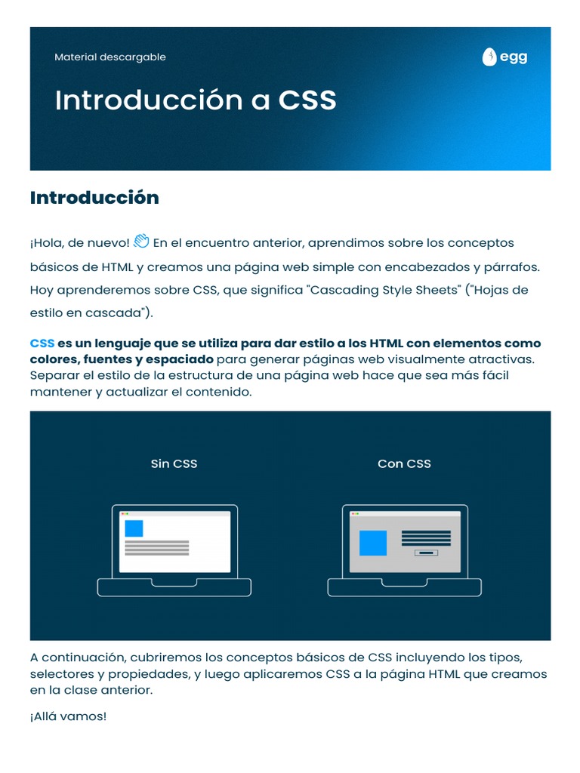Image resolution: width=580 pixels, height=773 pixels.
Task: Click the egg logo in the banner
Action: (x=504, y=57)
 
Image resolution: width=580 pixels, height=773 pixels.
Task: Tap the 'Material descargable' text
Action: (x=110, y=57)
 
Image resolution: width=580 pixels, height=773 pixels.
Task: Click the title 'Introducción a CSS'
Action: (x=196, y=100)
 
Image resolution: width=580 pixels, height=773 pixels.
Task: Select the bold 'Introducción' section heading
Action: (x=94, y=198)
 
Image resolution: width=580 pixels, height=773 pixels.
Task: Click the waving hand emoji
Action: (x=141, y=242)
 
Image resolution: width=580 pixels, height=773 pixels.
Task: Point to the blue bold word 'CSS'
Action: (x=42, y=343)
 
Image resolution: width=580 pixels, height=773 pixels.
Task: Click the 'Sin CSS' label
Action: (x=174, y=463)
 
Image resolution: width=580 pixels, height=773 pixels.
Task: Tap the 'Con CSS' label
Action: (x=404, y=463)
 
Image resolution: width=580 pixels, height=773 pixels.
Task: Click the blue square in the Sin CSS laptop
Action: (x=134, y=528)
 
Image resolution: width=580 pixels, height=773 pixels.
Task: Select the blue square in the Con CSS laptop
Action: (x=373, y=543)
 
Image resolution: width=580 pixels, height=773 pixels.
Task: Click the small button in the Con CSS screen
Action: (x=426, y=553)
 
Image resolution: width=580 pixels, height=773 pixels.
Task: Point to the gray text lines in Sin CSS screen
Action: (x=156, y=547)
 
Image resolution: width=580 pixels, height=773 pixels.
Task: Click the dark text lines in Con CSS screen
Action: (x=426, y=537)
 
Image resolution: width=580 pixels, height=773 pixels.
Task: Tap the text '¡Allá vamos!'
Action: (x=68, y=716)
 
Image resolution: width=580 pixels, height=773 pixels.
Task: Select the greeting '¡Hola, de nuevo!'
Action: (x=79, y=243)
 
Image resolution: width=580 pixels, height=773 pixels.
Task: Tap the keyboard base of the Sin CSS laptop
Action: (x=174, y=587)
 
